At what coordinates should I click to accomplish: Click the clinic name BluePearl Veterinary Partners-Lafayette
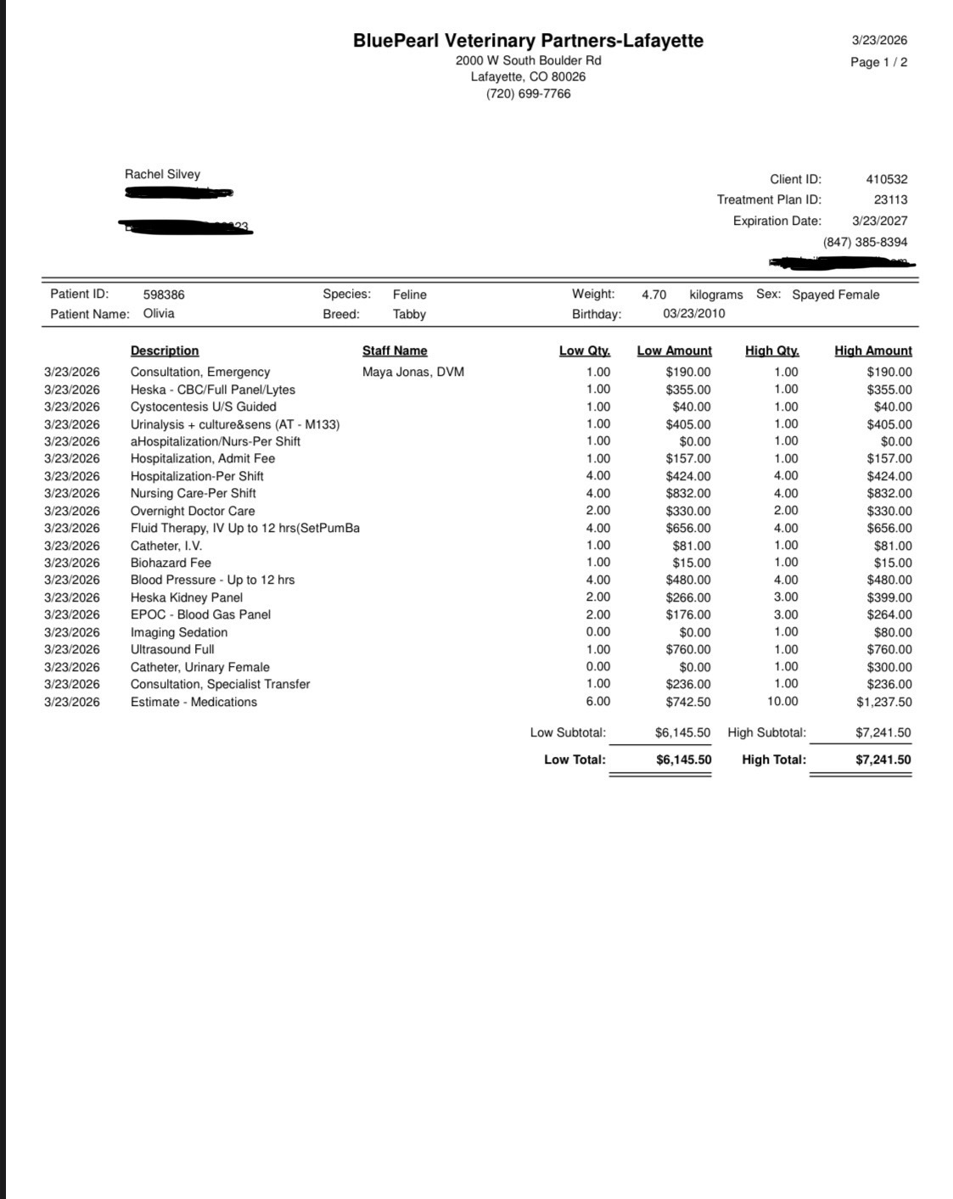tap(528, 41)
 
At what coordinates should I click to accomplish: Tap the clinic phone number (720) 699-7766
tap(528, 94)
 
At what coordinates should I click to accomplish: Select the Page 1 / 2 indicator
tap(878, 62)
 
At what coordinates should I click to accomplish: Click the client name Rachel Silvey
tap(162, 174)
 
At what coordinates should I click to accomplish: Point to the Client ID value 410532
tap(886, 179)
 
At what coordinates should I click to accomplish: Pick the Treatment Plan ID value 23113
tap(890, 200)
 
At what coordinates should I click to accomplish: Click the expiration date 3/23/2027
tap(879, 221)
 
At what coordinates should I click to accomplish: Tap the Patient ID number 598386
tap(164, 294)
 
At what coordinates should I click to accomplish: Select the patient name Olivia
tap(159, 313)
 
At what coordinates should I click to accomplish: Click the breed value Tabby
tap(409, 314)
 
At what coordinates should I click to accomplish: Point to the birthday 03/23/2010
tap(693, 313)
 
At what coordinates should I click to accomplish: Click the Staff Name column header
tap(395, 350)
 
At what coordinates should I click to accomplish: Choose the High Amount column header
tap(872, 350)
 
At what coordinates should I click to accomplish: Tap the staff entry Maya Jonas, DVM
tap(413, 372)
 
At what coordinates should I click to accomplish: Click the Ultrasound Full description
tap(172, 649)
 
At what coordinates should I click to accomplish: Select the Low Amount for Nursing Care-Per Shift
tap(688, 493)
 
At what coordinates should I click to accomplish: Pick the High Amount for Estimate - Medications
tap(883, 702)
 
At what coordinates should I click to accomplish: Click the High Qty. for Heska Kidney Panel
tap(786, 597)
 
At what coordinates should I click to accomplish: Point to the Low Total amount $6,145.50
tap(683, 759)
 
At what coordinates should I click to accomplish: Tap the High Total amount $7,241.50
tap(883, 759)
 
